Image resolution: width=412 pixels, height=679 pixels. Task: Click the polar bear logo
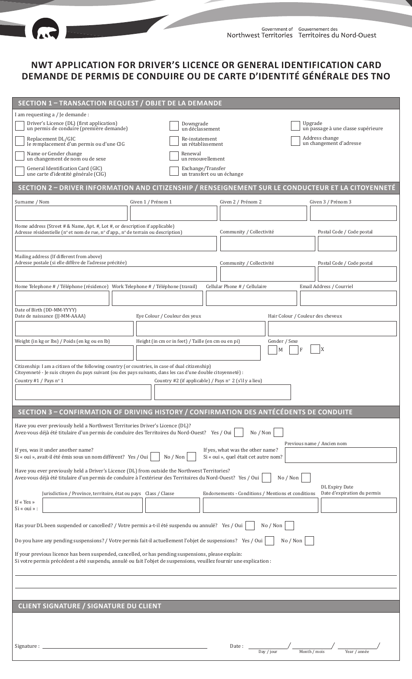pyautogui.click(x=45, y=30)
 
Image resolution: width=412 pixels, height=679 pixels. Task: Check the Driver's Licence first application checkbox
pyautogui.click(x=20, y=126)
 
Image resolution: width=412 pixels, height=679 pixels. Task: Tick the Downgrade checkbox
pyautogui.click(x=174, y=126)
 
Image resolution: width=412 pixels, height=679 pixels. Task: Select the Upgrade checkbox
pyautogui.click(x=295, y=126)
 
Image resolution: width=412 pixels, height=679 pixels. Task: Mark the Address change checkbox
pyautogui.click(x=295, y=141)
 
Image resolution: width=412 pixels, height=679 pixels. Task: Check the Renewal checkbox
pyautogui.click(x=174, y=156)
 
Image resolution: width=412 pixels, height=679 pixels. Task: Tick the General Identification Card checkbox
pyautogui.click(x=20, y=171)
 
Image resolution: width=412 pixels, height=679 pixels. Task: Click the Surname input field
pyautogui.click(x=71, y=213)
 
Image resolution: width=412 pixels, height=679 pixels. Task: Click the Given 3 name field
pyautogui.click(x=353, y=213)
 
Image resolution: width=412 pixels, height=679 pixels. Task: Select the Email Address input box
pyautogui.click(x=348, y=298)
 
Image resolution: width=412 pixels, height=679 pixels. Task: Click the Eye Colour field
pyautogui.click(x=200, y=328)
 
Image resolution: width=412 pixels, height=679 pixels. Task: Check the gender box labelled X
pyautogui.click(x=315, y=349)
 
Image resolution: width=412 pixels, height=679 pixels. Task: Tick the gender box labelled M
pyautogui.click(x=272, y=350)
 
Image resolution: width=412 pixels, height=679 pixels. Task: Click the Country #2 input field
pyautogui.click(x=222, y=392)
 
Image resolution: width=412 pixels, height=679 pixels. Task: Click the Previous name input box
pyautogui.click(x=340, y=455)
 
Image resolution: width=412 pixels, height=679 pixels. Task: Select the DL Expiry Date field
pyautogui.click(x=359, y=505)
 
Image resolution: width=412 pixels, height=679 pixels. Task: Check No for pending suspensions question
pyautogui.click(x=309, y=541)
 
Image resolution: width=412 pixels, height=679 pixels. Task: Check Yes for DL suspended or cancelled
pyautogui.click(x=250, y=525)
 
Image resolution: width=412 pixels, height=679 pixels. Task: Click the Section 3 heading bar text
pyautogui.click(x=185, y=412)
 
